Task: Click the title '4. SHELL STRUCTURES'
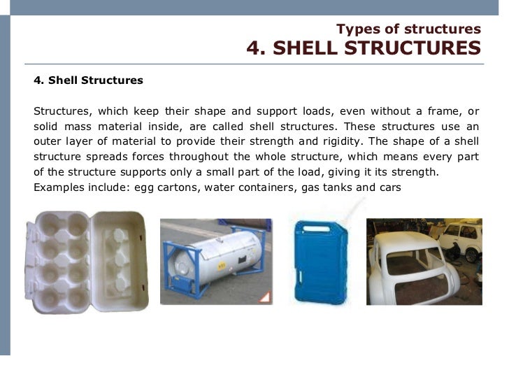tap(364, 48)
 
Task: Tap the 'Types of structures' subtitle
tap(408, 29)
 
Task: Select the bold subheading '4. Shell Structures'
tap(88, 80)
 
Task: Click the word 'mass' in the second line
tap(87, 126)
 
